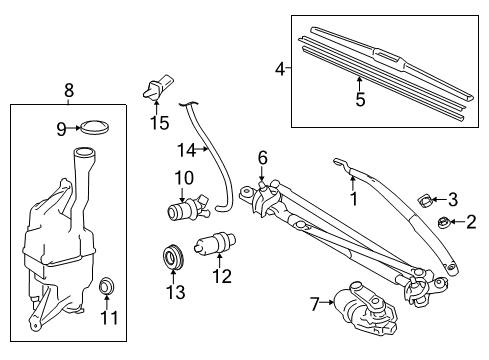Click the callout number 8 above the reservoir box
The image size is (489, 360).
tap(68, 91)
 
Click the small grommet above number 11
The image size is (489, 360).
tap(106, 290)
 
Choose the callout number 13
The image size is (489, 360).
tap(175, 291)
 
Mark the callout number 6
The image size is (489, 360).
tap(262, 156)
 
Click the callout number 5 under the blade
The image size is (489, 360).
tap(361, 99)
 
